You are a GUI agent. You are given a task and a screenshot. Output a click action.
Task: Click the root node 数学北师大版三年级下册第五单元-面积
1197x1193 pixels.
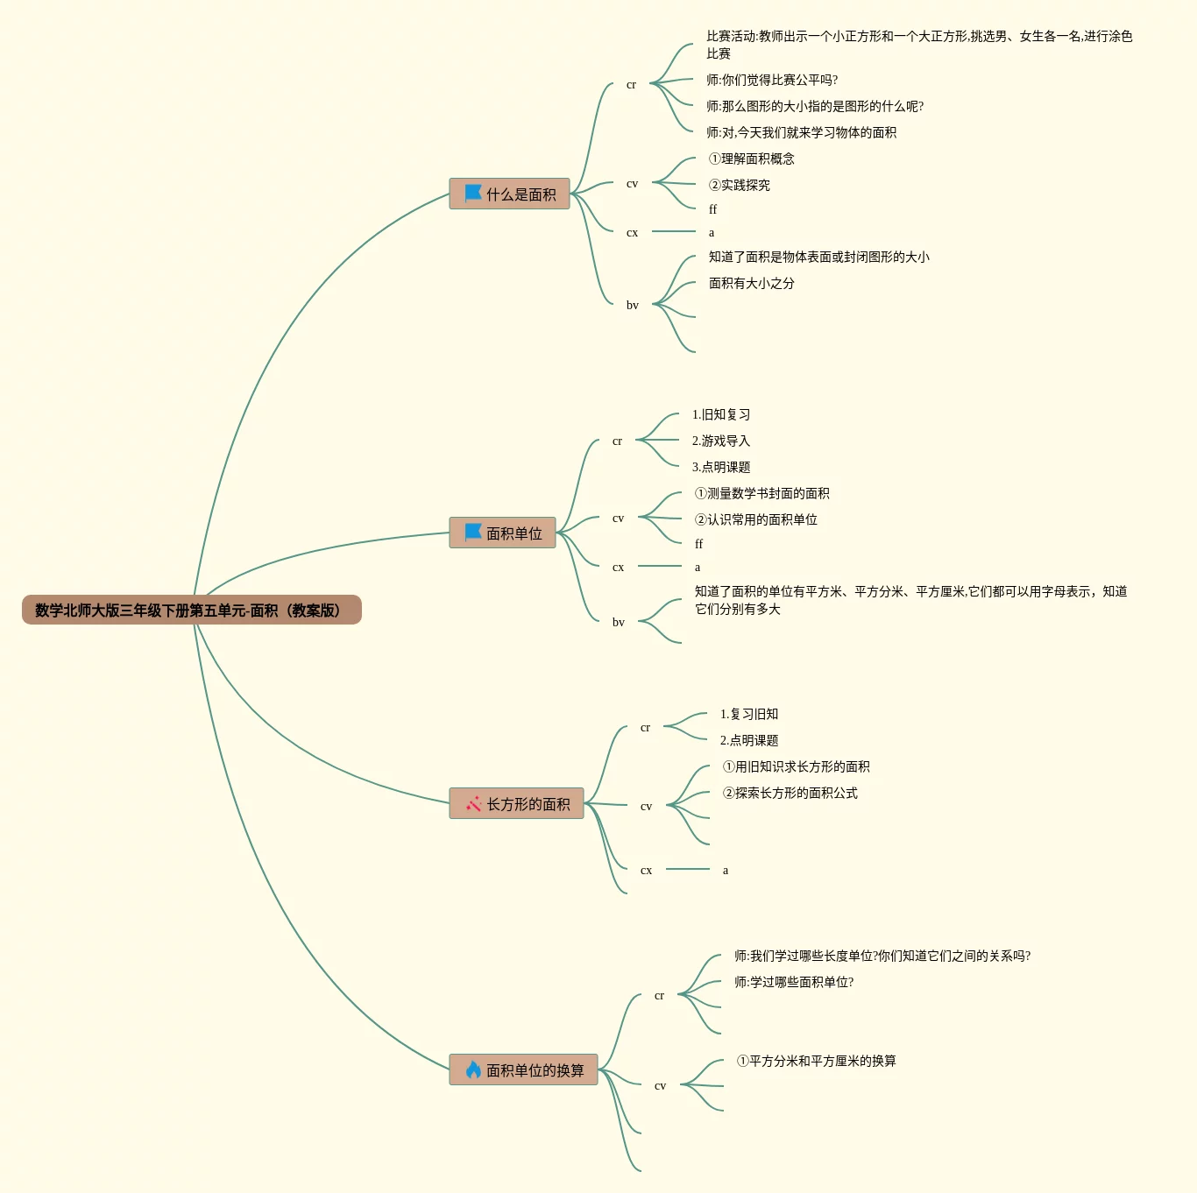point(191,611)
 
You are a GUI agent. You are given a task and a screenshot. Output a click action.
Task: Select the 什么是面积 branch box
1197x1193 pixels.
point(509,194)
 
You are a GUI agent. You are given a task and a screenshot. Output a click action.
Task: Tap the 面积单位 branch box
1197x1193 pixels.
point(502,533)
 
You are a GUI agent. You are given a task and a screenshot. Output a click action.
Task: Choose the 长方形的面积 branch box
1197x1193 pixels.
point(516,803)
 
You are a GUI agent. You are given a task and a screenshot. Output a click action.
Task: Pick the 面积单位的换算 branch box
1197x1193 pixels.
point(523,1069)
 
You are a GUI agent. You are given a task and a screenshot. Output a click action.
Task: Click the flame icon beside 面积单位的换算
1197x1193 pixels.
point(473,1069)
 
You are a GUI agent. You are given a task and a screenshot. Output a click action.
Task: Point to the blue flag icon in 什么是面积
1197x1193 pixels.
point(473,193)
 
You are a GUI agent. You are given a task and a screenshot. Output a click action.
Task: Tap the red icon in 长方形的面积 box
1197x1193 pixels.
point(473,803)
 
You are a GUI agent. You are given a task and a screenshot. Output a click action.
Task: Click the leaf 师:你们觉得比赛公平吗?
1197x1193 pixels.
point(772,80)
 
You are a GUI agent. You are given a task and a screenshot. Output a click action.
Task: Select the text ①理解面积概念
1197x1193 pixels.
point(752,159)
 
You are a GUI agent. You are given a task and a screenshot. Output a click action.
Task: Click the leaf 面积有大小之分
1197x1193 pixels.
point(752,283)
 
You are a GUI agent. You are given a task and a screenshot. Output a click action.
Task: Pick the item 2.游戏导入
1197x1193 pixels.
point(721,441)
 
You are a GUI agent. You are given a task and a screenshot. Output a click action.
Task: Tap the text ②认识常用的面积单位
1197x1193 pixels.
point(756,519)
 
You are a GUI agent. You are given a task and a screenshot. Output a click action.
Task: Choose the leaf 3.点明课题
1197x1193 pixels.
point(721,467)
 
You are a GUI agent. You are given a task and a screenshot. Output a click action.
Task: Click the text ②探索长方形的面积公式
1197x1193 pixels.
point(790,793)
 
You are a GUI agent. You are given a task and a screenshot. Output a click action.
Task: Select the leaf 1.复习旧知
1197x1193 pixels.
point(749,714)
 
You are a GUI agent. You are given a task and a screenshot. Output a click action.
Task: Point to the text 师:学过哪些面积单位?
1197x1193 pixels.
point(794,982)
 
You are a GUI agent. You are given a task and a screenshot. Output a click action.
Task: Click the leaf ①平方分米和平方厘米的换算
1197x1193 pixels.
point(817,1061)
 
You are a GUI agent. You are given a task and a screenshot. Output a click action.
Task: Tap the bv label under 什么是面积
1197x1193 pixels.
point(633,305)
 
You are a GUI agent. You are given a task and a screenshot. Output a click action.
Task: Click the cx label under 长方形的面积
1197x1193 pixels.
point(647,870)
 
